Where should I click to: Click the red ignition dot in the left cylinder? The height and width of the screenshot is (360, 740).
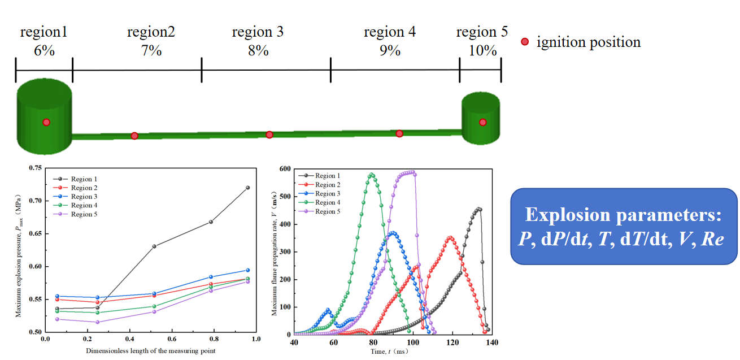point(46,122)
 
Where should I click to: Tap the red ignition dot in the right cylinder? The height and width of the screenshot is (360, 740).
point(482,122)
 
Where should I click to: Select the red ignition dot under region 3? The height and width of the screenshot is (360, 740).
point(269,135)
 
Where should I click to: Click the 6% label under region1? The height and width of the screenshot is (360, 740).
point(44,50)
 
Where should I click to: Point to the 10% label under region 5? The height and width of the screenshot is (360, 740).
point(482,50)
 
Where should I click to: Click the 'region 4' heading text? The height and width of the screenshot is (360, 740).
point(390,32)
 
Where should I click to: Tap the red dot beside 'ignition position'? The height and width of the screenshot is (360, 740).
point(525,42)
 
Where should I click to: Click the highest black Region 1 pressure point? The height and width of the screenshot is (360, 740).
point(248,188)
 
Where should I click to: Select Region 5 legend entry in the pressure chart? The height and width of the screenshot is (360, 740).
point(75,214)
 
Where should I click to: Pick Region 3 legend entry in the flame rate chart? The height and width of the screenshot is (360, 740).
point(319,193)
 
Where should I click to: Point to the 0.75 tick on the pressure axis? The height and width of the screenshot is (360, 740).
point(36,168)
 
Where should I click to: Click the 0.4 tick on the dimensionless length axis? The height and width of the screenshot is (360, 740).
point(129,339)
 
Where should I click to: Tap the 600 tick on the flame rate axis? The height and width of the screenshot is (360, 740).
point(285,168)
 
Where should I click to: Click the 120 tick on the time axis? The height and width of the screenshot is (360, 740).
point(452,342)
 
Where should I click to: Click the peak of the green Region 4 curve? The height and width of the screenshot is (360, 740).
point(372,175)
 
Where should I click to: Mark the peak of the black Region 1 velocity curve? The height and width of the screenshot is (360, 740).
point(478,209)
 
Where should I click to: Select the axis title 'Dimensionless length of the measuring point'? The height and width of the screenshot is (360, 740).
point(151,351)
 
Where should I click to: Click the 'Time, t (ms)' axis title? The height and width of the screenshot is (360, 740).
point(390,352)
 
